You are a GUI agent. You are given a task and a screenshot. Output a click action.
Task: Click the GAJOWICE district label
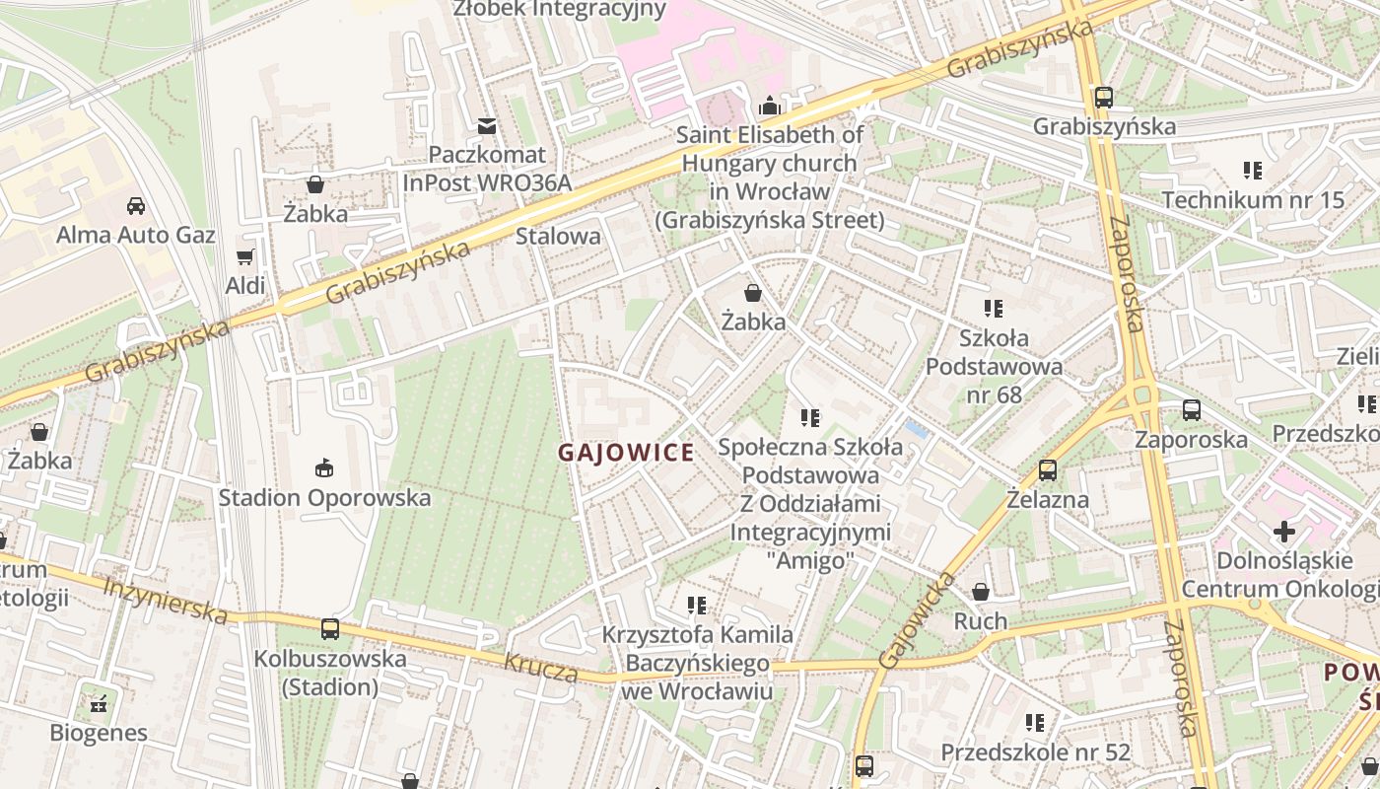(x=626, y=453)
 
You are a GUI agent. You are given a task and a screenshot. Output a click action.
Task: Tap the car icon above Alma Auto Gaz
(x=136, y=206)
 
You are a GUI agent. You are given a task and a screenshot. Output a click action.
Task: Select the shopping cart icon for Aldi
(x=245, y=257)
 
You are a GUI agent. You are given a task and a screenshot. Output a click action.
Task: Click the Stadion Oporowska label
(x=324, y=497)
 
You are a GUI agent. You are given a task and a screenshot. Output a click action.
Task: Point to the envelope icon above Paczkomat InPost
(x=487, y=126)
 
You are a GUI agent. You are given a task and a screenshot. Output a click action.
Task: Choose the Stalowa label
(x=558, y=236)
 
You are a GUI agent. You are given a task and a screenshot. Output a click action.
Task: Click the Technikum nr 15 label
(x=1252, y=200)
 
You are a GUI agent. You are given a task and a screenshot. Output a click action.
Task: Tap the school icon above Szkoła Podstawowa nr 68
(x=994, y=309)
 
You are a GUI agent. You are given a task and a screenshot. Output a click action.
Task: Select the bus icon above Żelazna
(x=1048, y=470)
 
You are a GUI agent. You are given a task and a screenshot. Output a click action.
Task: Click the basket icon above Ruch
(x=981, y=592)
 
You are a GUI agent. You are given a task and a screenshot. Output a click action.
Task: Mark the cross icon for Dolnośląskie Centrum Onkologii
(x=1284, y=533)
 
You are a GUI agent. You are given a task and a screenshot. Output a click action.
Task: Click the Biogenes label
(x=99, y=733)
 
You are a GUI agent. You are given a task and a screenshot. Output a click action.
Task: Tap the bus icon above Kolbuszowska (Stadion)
(x=330, y=629)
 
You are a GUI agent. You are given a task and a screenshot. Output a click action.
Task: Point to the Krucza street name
(x=541, y=668)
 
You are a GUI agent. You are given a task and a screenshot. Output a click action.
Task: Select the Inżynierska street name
(x=165, y=600)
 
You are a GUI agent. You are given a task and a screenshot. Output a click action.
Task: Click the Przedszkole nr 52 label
(x=1035, y=753)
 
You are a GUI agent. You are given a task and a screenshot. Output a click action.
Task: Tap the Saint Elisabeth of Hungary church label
(x=770, y=177)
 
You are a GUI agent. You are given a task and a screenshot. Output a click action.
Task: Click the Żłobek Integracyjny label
(x=559, y=10)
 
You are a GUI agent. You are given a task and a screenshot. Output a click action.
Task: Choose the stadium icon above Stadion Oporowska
(x=324, y=467)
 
